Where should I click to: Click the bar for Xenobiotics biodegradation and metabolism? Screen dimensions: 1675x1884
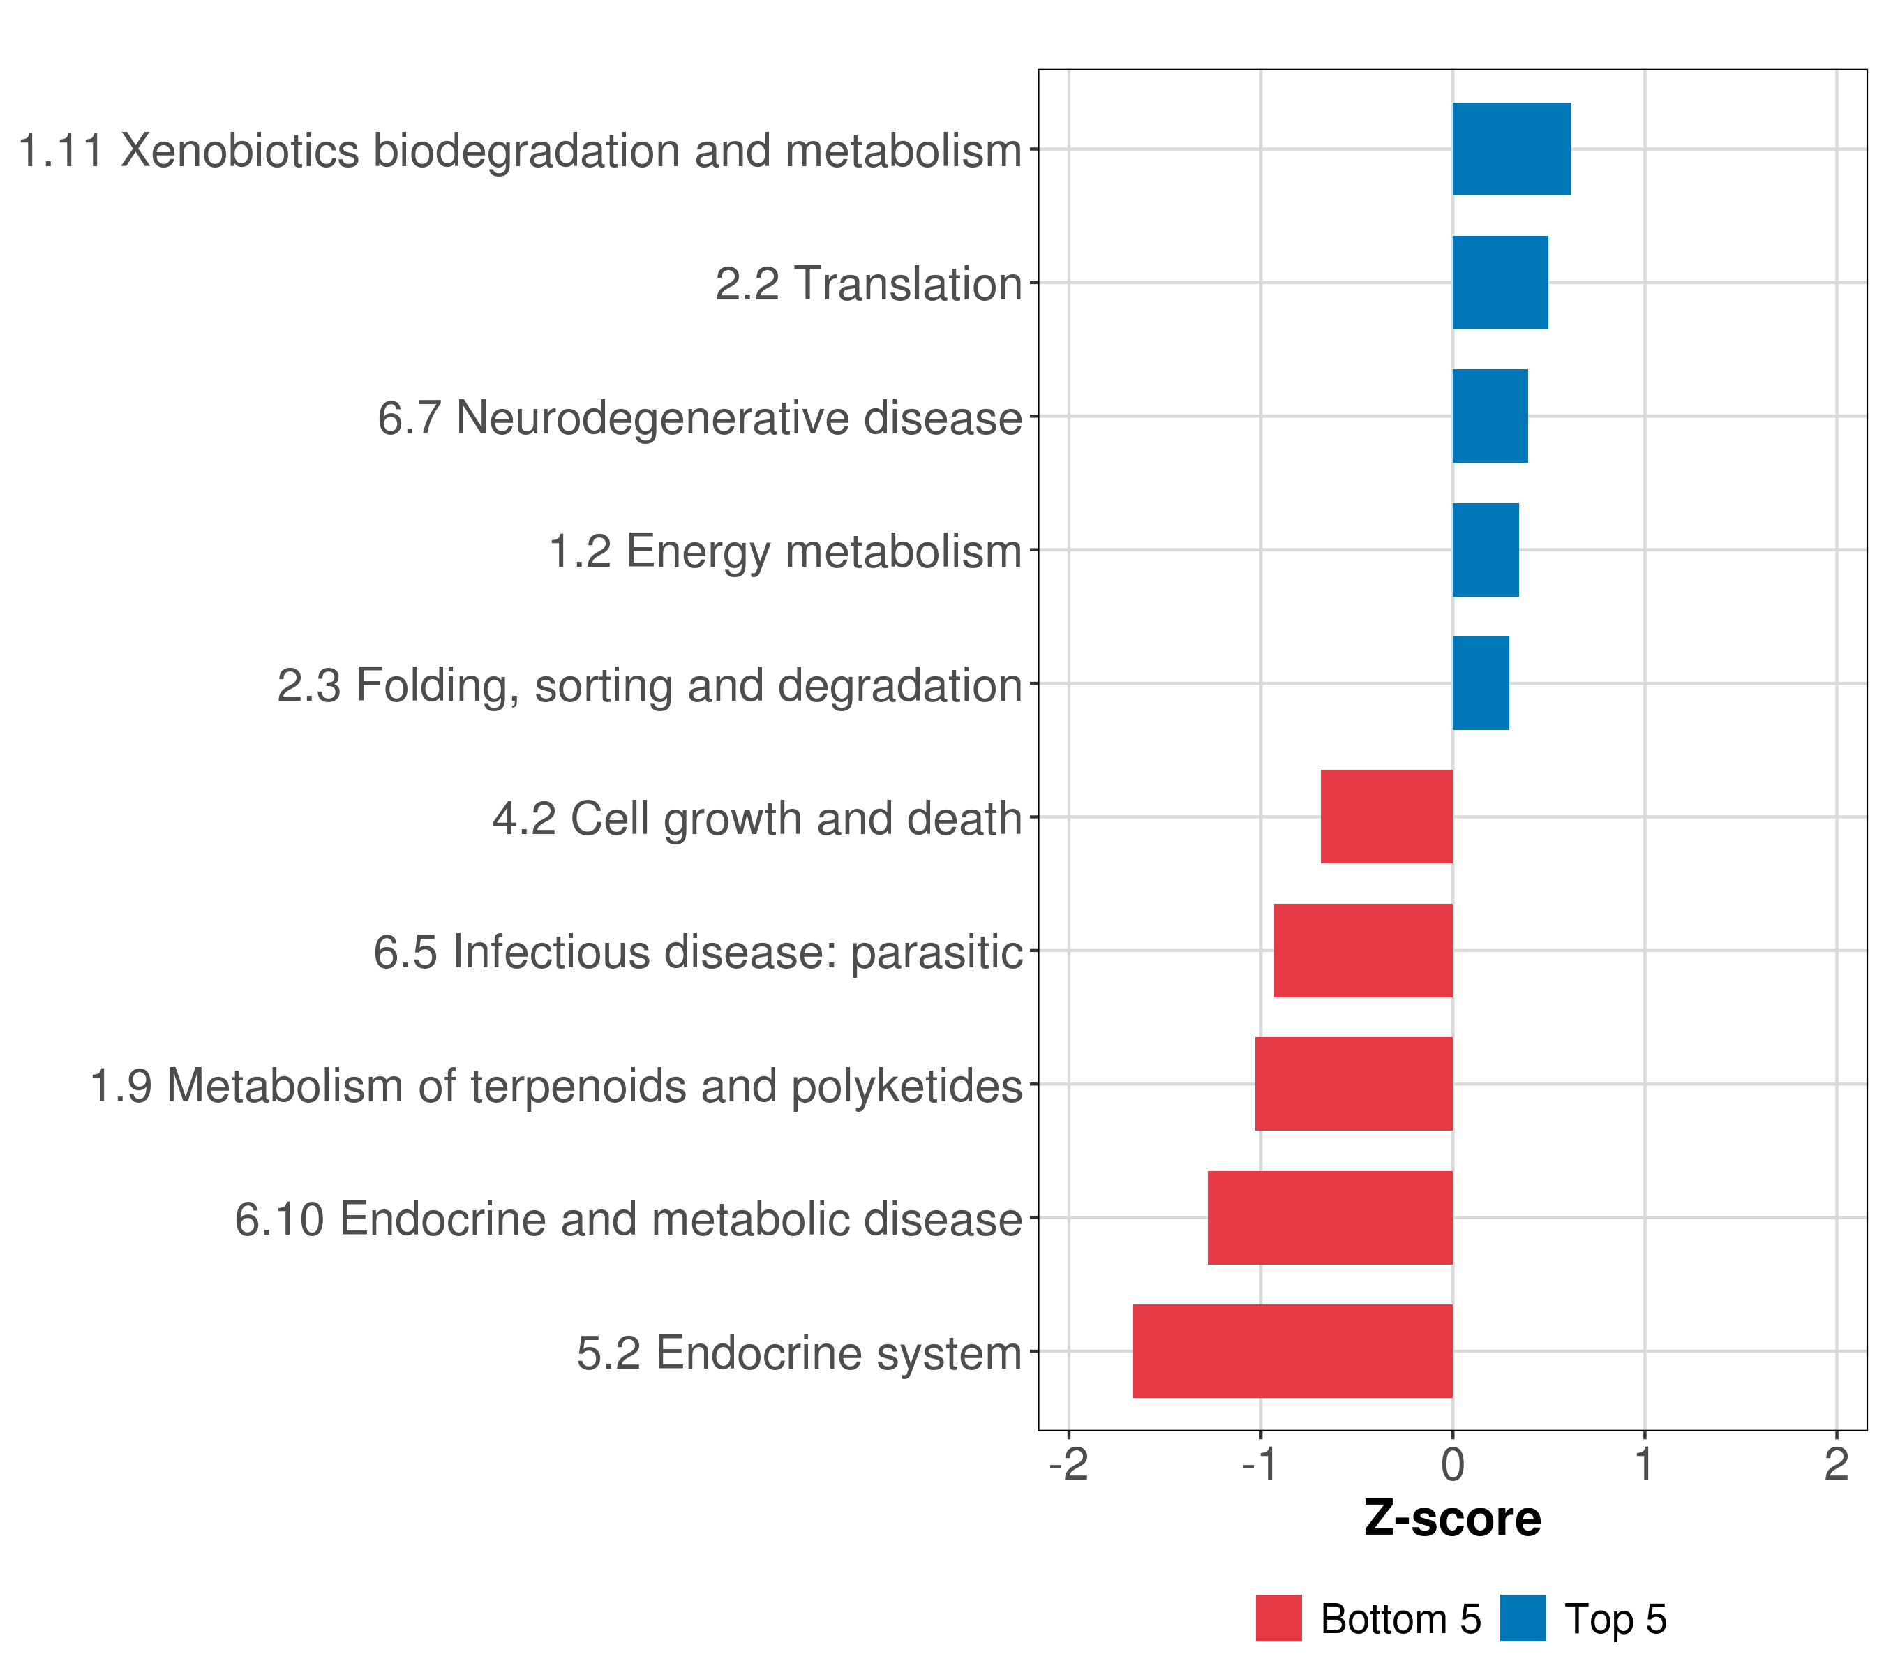[1511, 149]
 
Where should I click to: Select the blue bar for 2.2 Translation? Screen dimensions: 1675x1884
[1500, 283]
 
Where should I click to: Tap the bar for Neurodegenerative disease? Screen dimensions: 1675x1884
[1490, 417]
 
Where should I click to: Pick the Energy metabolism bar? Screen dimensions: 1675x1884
[1485, 551]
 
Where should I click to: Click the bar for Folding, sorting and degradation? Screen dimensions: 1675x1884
[1480, 683]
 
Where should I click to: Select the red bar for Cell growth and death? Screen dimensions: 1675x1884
[1386, 817]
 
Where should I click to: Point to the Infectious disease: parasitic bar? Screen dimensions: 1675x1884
[1363, 951]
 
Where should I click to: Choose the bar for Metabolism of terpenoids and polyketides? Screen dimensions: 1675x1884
[1353, 1084]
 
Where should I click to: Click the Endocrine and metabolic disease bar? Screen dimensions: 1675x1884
[1330, 1218]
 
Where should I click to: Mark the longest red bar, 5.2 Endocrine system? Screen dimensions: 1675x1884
[1292, 1351]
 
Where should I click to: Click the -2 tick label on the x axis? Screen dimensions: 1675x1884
[1068, 1466]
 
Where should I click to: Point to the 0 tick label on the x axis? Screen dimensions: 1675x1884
[1453, 1466]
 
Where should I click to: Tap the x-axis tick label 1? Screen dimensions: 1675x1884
[1645, 1466]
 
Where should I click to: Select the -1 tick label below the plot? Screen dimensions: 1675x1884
[1260, 1466]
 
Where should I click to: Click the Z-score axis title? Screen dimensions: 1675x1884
[1453, 1519]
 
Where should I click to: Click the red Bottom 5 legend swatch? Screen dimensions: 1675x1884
[1278, 1618]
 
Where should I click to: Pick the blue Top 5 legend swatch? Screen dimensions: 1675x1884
[1523, 1618]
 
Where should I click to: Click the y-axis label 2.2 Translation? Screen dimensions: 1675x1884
[868, 284]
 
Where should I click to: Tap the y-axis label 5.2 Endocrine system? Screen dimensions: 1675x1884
[799, 1353]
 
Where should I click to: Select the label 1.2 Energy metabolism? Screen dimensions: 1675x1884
[785, 551]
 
